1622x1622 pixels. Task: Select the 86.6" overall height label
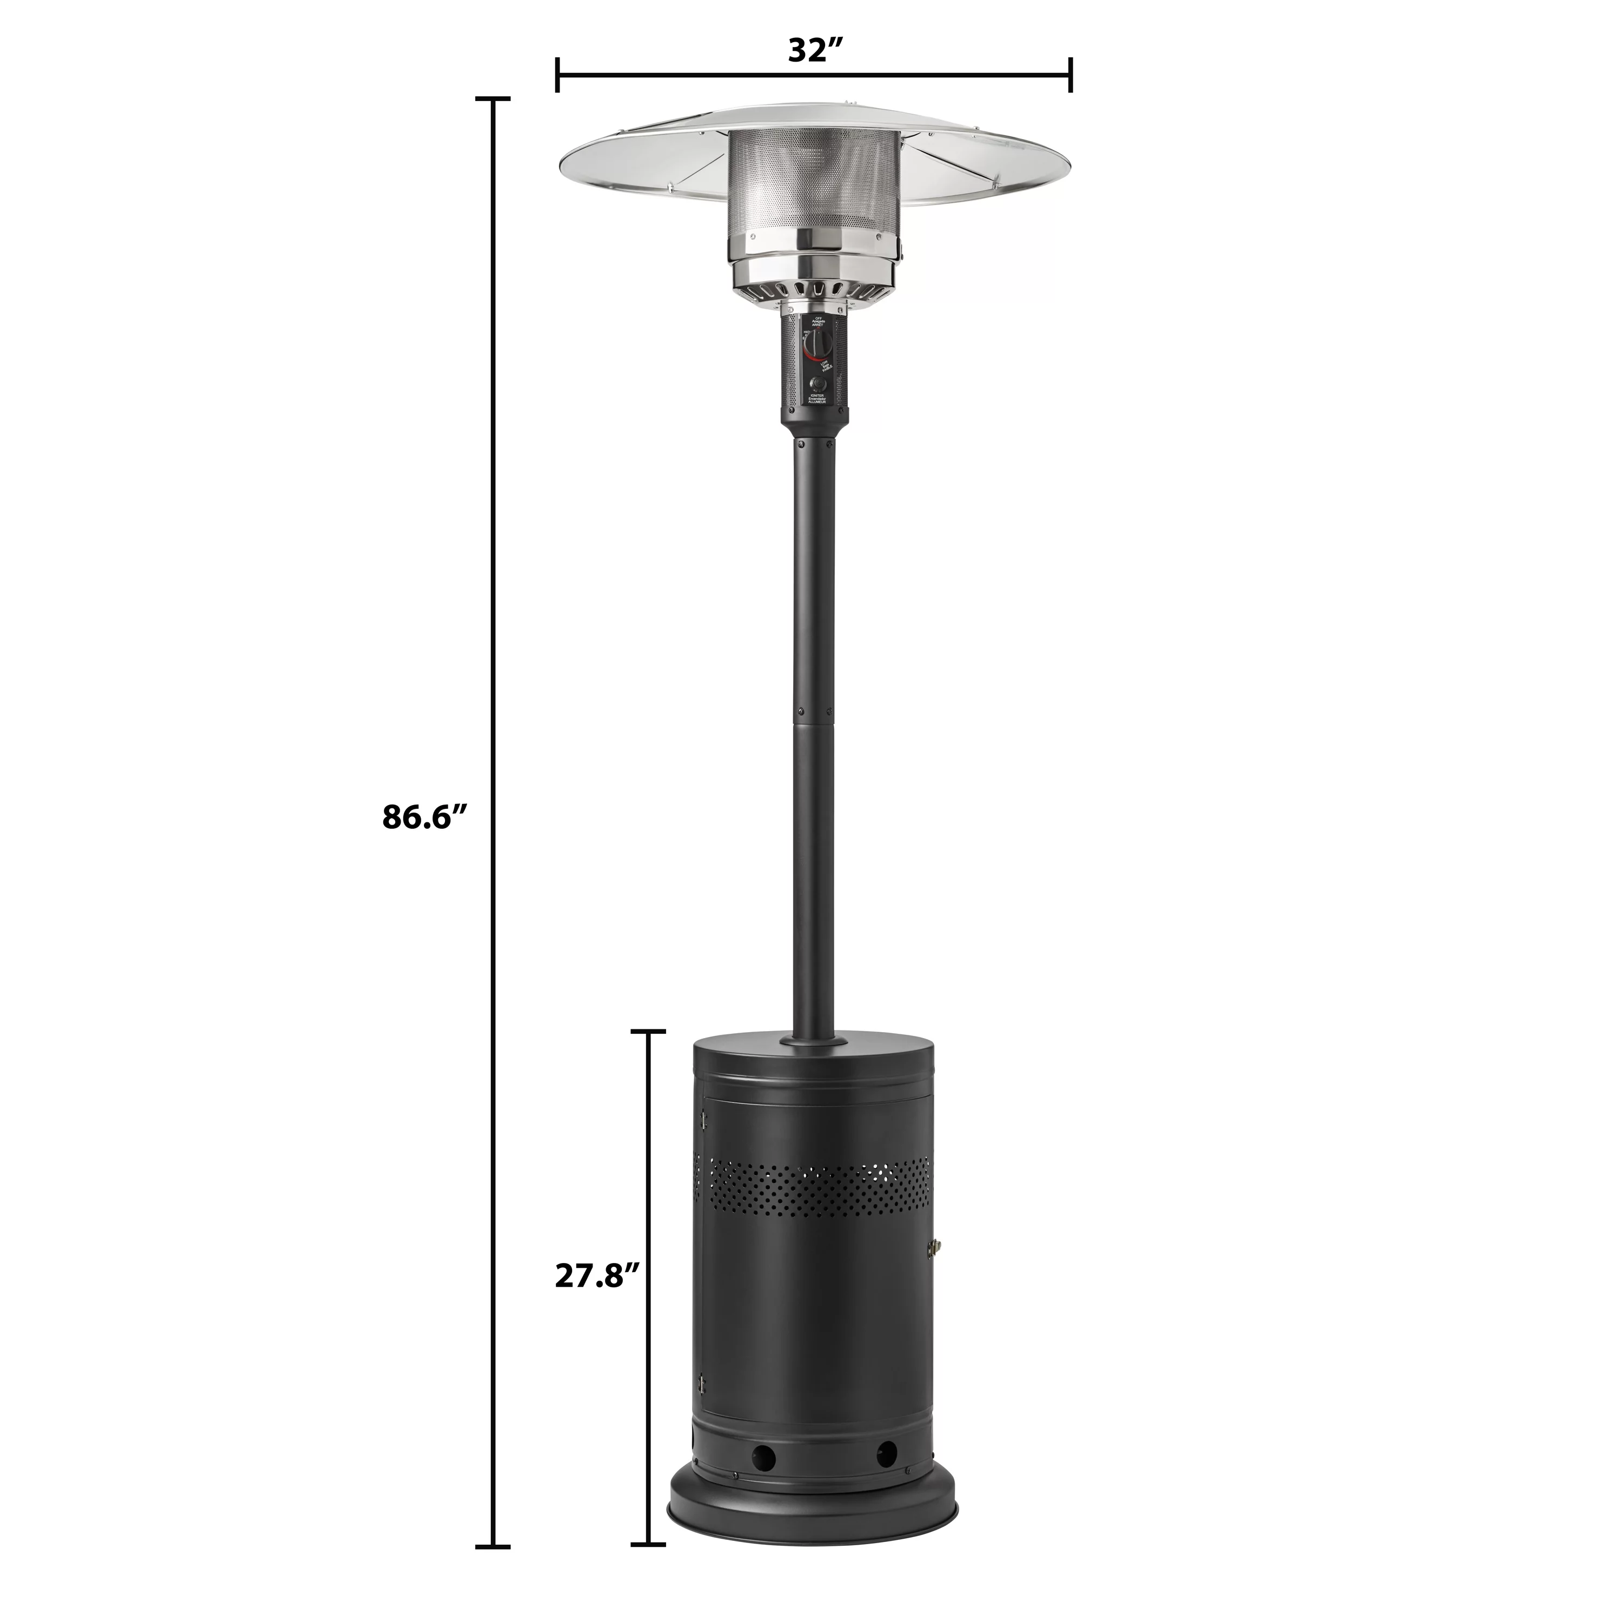point(424,816)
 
